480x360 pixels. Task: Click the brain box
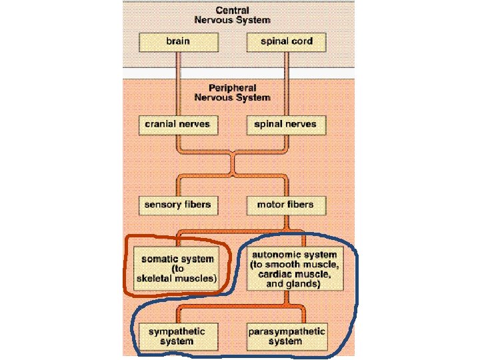pos(177,41)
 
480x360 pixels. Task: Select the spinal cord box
pos(286,41)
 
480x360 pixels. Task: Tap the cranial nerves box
pos(177,124)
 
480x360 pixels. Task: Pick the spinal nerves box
pos(286,124)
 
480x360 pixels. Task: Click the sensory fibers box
pos(177,204)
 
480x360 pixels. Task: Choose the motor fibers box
pos(285,204)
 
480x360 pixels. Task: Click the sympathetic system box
pos(177,336)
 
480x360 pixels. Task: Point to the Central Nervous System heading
pos(232,15)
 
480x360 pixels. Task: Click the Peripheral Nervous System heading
pos(232,93)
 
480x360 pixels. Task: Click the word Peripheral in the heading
pos(232,88)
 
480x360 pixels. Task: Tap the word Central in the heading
pos(232,11)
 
